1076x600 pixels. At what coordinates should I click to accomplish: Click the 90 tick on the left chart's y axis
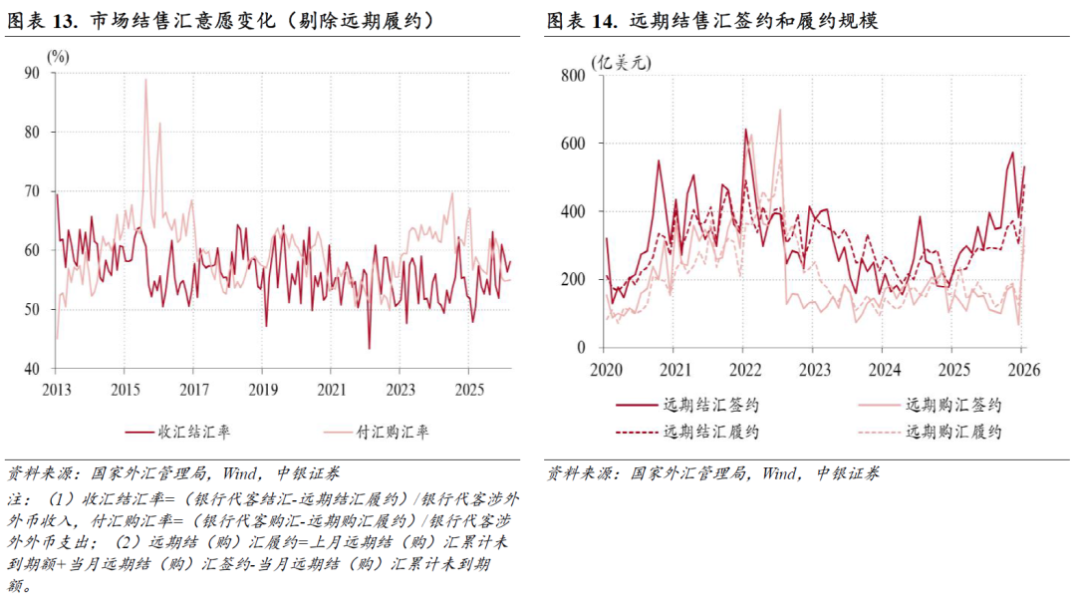33,73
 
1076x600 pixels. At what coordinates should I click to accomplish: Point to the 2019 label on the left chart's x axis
262,388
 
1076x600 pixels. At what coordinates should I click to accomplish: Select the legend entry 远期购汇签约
953,406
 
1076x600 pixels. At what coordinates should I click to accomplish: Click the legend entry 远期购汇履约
953,433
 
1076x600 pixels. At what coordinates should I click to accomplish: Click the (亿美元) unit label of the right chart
621,63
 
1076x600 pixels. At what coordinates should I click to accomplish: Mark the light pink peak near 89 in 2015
145,80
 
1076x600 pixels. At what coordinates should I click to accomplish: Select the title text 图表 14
583,21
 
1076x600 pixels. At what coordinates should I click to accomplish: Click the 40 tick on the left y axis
33,369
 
